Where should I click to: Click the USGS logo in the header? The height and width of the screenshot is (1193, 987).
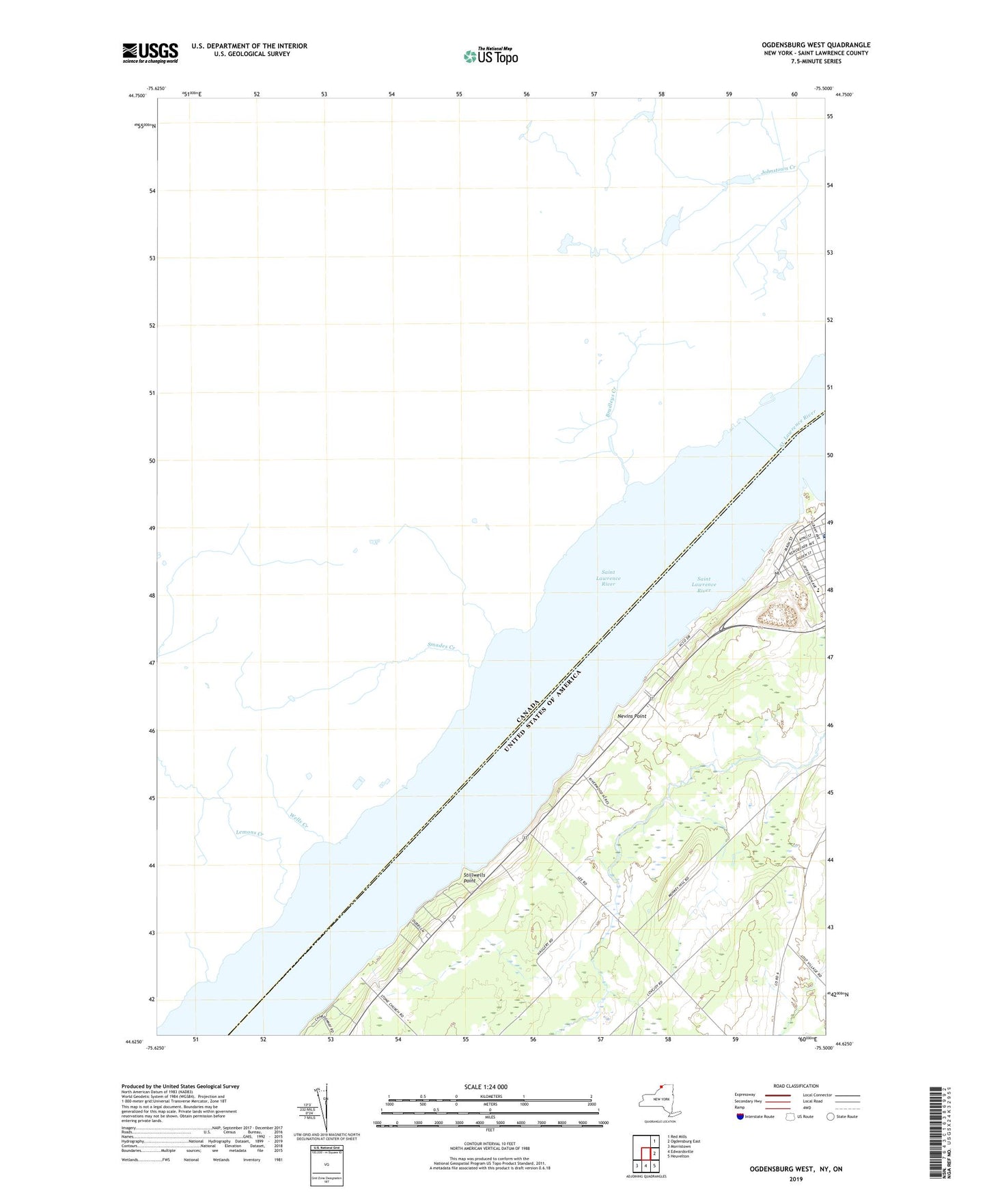pyautogui.click(x=150, y=53)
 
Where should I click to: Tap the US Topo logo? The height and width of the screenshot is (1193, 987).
pyautogui.click(x=490, y=55)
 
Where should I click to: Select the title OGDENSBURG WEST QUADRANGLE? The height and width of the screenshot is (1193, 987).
pyautogui.click(x=816, y=45)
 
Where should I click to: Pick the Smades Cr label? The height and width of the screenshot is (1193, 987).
pyautogui.click(x=441, y=645)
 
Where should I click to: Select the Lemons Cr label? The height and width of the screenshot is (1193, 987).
pyautogui.click(x=249, y=832)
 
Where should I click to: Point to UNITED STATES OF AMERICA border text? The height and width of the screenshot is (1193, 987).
pyautogui.click(x=543, y=712)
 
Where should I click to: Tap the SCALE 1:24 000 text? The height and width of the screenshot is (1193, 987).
pyautogui.click(x=486, y=1086)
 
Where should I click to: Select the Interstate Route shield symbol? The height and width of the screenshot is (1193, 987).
pyautogui.click(x=741, y=1116)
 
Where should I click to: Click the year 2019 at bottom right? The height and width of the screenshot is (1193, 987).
pyautogui.click(x=796, y=1179)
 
